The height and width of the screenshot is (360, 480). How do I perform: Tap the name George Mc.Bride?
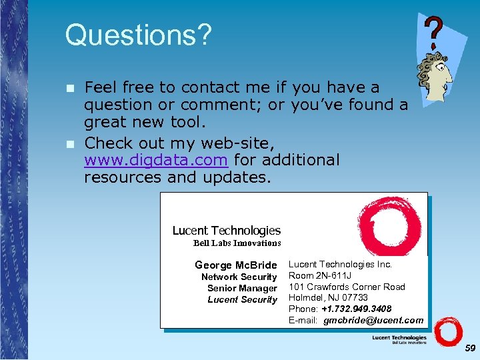(235, 265)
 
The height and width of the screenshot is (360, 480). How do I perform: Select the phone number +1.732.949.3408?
(357, 309)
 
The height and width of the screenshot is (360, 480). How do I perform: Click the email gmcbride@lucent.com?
(373, 320)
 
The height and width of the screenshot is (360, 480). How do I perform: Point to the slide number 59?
(470, 348)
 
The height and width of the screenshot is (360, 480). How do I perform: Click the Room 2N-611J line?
(320, 275)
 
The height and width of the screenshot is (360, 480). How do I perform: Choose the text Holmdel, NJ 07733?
(328, 297)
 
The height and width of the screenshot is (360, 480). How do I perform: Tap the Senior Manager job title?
(242, 288)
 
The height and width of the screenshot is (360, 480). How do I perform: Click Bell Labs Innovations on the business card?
(237, 243)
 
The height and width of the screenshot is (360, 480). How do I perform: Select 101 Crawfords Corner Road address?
(347, 287)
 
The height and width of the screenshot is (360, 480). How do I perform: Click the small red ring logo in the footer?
(448, 333)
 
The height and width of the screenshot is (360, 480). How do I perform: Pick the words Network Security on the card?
(239, 277)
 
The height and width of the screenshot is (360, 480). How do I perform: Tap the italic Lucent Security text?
(242, 299)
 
